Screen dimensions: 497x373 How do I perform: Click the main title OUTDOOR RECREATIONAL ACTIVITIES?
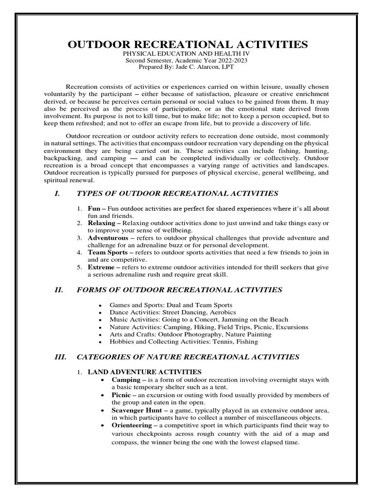pos(187,45)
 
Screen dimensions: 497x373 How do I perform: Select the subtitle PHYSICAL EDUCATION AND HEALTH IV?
pos(187,54)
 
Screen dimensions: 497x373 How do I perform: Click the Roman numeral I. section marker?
pos(57,194)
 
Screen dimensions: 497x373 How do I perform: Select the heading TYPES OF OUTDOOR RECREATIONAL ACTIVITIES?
pos(177,194)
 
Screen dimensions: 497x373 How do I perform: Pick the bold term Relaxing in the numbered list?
pos(101,223)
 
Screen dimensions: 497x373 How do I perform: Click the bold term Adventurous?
pos(107,238)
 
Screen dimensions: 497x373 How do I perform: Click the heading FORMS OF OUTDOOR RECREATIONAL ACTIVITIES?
pos(179,290)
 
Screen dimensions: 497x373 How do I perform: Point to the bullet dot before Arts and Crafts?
pos(100,335)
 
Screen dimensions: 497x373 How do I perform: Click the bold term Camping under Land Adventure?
pos(126,380)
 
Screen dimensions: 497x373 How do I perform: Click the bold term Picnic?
pos(121,395)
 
